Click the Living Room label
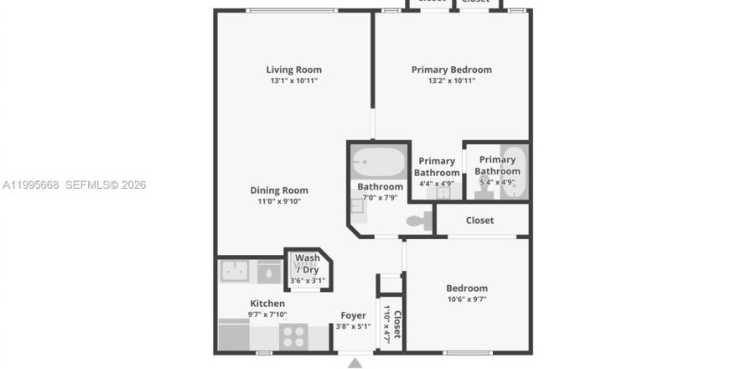[293, 70]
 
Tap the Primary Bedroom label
[451, 70]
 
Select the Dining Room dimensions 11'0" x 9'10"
[278, 201]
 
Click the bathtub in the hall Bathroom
[378, 160]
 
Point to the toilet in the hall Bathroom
[417, 221]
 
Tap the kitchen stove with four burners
[293, 336]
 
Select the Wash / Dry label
[307, 263]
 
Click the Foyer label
[353, 316]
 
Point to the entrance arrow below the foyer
[355, 362]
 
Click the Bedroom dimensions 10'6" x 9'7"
[467, 299]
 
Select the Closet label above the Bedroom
[479, 221]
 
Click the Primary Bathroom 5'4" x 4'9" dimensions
[496, 182]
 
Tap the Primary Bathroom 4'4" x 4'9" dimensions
[436, 183]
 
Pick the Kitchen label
[267, 304]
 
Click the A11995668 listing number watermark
[30, 184]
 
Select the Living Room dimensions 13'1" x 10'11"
[293, 81]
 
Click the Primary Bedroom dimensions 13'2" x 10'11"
[451, 81]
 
